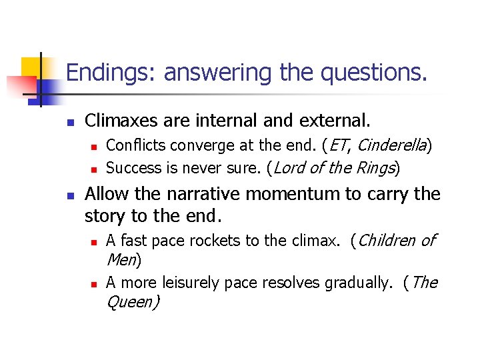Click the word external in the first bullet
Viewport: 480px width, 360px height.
(333, 121)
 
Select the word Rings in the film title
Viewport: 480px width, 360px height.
(375, 169)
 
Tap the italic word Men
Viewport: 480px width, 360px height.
(121, 259)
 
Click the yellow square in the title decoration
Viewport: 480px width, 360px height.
(32, 67)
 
